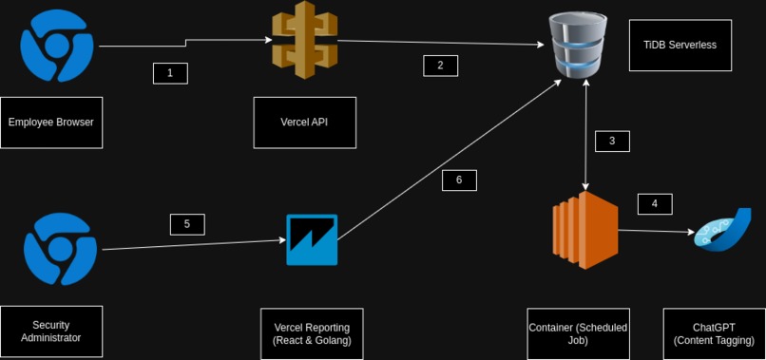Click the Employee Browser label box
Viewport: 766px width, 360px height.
click(x=51, y=123)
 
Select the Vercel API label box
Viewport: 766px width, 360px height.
click(x=304, y=123)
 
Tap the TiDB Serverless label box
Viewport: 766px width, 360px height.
click(x=680, y=45)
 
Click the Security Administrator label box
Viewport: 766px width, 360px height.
click(x=51, y=332)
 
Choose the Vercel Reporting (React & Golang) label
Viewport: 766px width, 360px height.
click(x=312, y=333)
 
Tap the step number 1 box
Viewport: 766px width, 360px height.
click(x=170, y=73)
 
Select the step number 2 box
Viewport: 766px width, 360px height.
click(x=440, y=66)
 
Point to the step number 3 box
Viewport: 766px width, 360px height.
click(x=612, y=141)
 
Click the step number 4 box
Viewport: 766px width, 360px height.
click(x=654, y=203)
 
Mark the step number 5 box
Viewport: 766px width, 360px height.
click(x=187, y=224)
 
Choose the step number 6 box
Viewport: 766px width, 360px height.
click(x=459, y=180)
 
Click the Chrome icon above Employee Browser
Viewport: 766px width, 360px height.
click(x=57, y=45)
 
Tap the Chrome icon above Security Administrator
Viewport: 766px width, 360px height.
click(x=61, y=249)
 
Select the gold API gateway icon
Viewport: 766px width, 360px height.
click(x=304, y=41)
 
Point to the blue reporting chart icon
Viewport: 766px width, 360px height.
click(x=312, y=239)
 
